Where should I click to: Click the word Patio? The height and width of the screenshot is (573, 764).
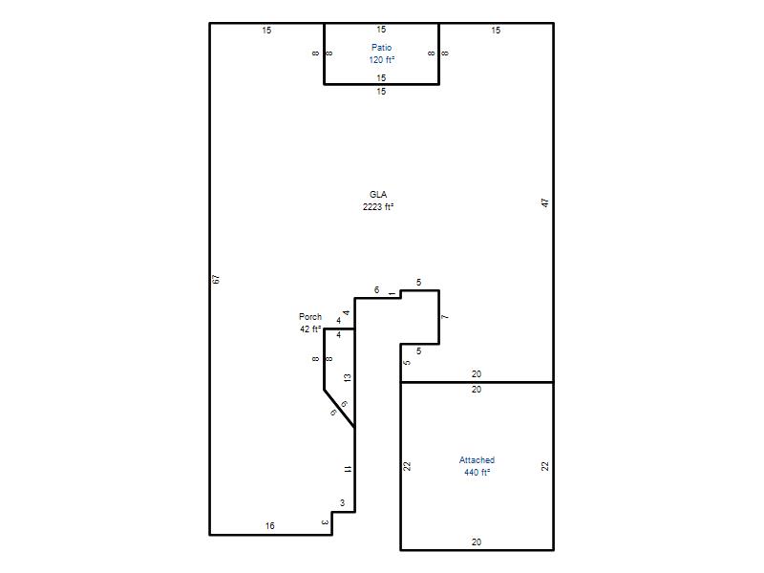[x=381, y=47]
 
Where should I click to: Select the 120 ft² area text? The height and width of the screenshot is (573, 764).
[x=381, y=60]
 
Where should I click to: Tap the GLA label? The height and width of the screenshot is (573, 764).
[x=378, y=195]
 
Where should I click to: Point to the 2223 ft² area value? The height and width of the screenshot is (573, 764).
[x=378, y=207]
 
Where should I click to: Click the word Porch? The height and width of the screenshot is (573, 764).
[x=310, y=317]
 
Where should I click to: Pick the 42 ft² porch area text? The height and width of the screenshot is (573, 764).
[x=310, y=329]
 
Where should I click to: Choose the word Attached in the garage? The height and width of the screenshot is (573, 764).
[x=477, y=460]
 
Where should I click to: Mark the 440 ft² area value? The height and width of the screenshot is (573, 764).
[x=477, y=473]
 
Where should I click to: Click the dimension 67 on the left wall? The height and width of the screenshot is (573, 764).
[x=217, y=279]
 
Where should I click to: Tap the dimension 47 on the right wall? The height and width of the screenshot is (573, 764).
[x=545, y=202]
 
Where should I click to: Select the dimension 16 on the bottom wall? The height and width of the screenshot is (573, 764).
[x=270, y=526]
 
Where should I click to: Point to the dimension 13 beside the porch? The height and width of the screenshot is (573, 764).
[x=347, y=377]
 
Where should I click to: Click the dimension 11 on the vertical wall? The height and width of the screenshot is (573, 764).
[x=347, y=469]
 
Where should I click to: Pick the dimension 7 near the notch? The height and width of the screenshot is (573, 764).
[x=445, y=317]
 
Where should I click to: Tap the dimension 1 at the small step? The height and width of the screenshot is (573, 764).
[x=393, y=294]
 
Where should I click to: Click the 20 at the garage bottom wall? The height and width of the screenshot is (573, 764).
[x=477, y=541]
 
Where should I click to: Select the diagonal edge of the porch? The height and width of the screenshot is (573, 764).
[x=339, y=409]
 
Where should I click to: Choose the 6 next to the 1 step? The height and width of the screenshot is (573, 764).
[x=376, y=290]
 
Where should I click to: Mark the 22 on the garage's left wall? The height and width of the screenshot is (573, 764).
[x=408, y=466]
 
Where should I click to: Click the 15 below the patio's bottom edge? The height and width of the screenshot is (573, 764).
[x=381, y=91]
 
